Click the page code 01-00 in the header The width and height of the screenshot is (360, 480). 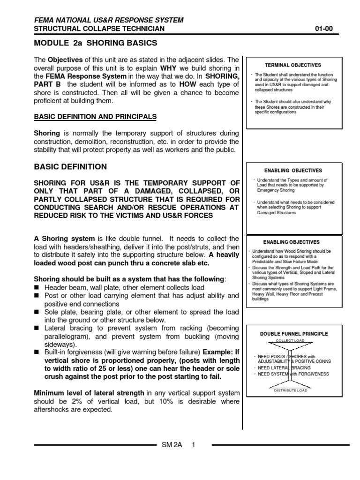(x=323, y=29)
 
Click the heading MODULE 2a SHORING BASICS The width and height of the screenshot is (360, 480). (x=96, y=44)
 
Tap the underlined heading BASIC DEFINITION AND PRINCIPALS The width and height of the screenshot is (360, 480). (x=95, y=116)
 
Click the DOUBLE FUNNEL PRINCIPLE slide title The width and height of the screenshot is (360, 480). (x=294, y=334)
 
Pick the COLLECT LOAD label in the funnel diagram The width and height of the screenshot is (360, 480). (x=290, y=340)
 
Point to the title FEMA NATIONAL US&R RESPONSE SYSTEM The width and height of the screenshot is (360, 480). (x=109, y=20)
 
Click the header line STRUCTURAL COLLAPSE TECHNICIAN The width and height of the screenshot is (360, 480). (x=99, y=29)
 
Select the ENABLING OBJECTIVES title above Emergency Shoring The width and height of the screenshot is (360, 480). (x=293, y=171)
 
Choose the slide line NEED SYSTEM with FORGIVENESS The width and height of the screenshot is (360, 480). (x=294, y=374)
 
